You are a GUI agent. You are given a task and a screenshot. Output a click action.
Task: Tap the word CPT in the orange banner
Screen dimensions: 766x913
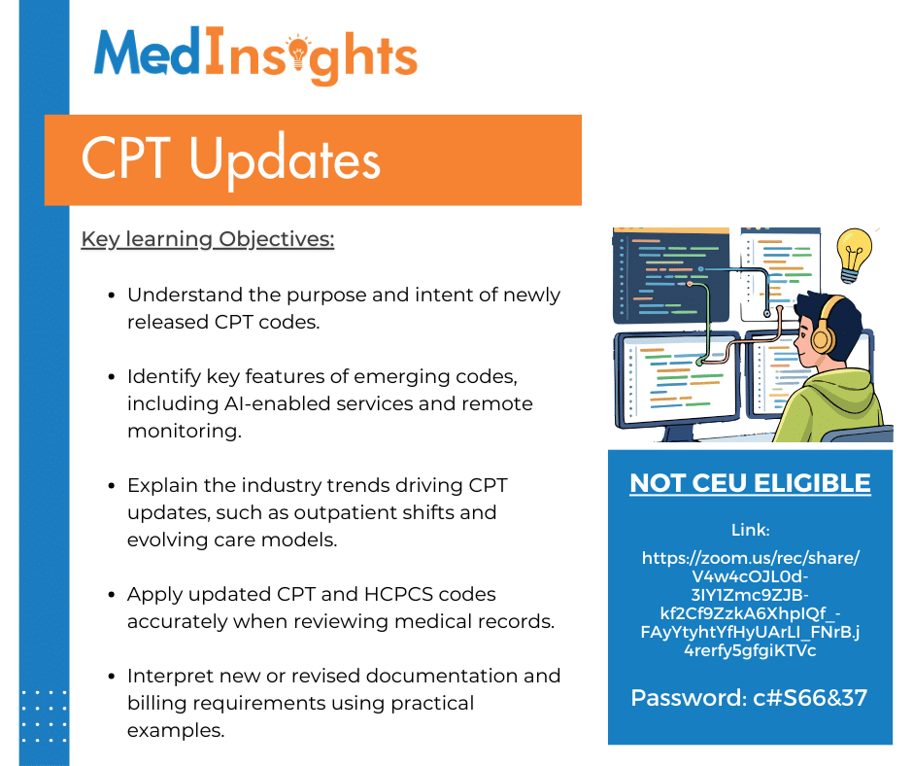click(127, 158)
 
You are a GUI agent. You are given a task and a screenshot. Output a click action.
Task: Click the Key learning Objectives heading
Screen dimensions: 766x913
click(207, 239)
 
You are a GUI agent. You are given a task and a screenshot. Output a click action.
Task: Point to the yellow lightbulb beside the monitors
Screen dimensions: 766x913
click(854, 254)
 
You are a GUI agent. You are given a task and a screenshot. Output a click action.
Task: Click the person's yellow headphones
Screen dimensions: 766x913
click(822, 334)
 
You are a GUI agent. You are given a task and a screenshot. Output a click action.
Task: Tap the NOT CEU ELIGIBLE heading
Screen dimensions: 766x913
click(750, 483)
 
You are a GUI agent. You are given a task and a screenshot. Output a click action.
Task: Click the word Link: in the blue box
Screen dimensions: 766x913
click(750, 530)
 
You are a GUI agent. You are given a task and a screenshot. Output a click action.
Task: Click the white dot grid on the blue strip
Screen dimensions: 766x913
click(44, 717)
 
